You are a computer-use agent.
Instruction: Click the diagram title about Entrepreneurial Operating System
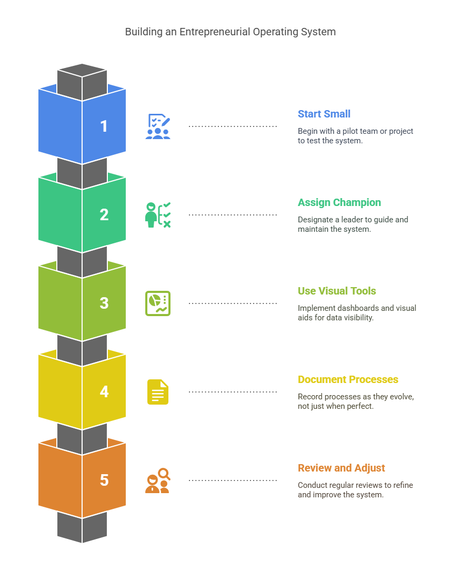pyautogui.click(x=230, y=32)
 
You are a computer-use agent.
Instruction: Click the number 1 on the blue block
pyautogui.click(x=104, y=126)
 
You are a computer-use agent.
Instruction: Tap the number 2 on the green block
pyautogui.click(x=104, y=215)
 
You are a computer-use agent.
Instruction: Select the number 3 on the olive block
pyautogui.click(x=104, y=303)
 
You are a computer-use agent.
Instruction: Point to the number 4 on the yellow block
pyautogui.click(x=104, y=392)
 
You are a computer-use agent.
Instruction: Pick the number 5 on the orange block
pyautogui.click(x=104, y=480)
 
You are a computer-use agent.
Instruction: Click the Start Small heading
pyautogui.click(x=324, y=114)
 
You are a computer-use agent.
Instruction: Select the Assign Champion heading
pyautogui.click(x=339, y=202)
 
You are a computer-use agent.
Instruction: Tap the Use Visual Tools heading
pyautogui.click(x=337, y=291)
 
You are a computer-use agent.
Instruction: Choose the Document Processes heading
pyautogui.click(x=348, y=379)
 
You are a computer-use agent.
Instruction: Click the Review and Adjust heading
pyautogui.click(x=341, y=468)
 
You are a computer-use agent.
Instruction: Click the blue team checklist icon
pyautogui.click(x=158, y=126)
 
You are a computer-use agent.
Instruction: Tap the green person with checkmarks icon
pyautogui.click(x=158, y=215)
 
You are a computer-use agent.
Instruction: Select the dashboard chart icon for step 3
pyautogui.click(x=158, y=303)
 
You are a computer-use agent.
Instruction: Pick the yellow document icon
pyautogui.click(x=158, y=392)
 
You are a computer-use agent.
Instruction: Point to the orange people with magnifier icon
pyautogui.click(x=158, y=480)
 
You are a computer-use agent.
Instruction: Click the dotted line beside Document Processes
pyautogui.click(x=233, y=392)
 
